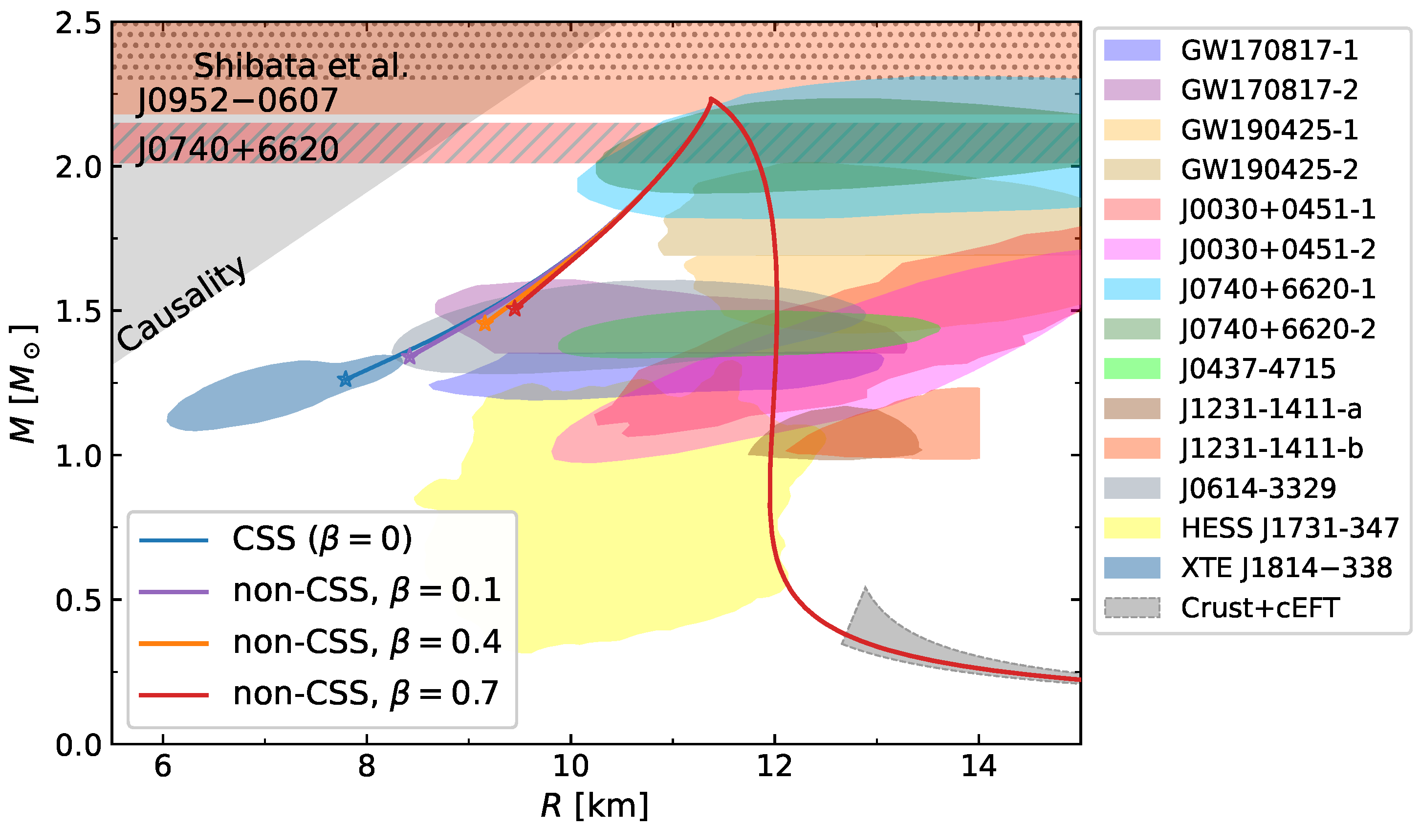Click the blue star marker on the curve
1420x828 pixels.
(346, 380)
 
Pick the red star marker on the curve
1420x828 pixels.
(514, 308)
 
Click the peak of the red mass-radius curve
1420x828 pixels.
(712, 99)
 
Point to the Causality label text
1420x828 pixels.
(181, 304)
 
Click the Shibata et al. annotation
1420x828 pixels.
(300, 66)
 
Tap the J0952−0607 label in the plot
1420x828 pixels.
(237, 100)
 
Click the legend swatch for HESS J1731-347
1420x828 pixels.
(1132, 528)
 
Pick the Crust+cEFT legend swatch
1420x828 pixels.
(1132, 607)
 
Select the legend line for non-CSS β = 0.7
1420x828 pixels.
(174, 695)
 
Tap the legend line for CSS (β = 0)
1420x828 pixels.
(174, 540)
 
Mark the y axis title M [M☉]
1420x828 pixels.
(23, 384)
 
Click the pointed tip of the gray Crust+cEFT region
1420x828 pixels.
(865, 588)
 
